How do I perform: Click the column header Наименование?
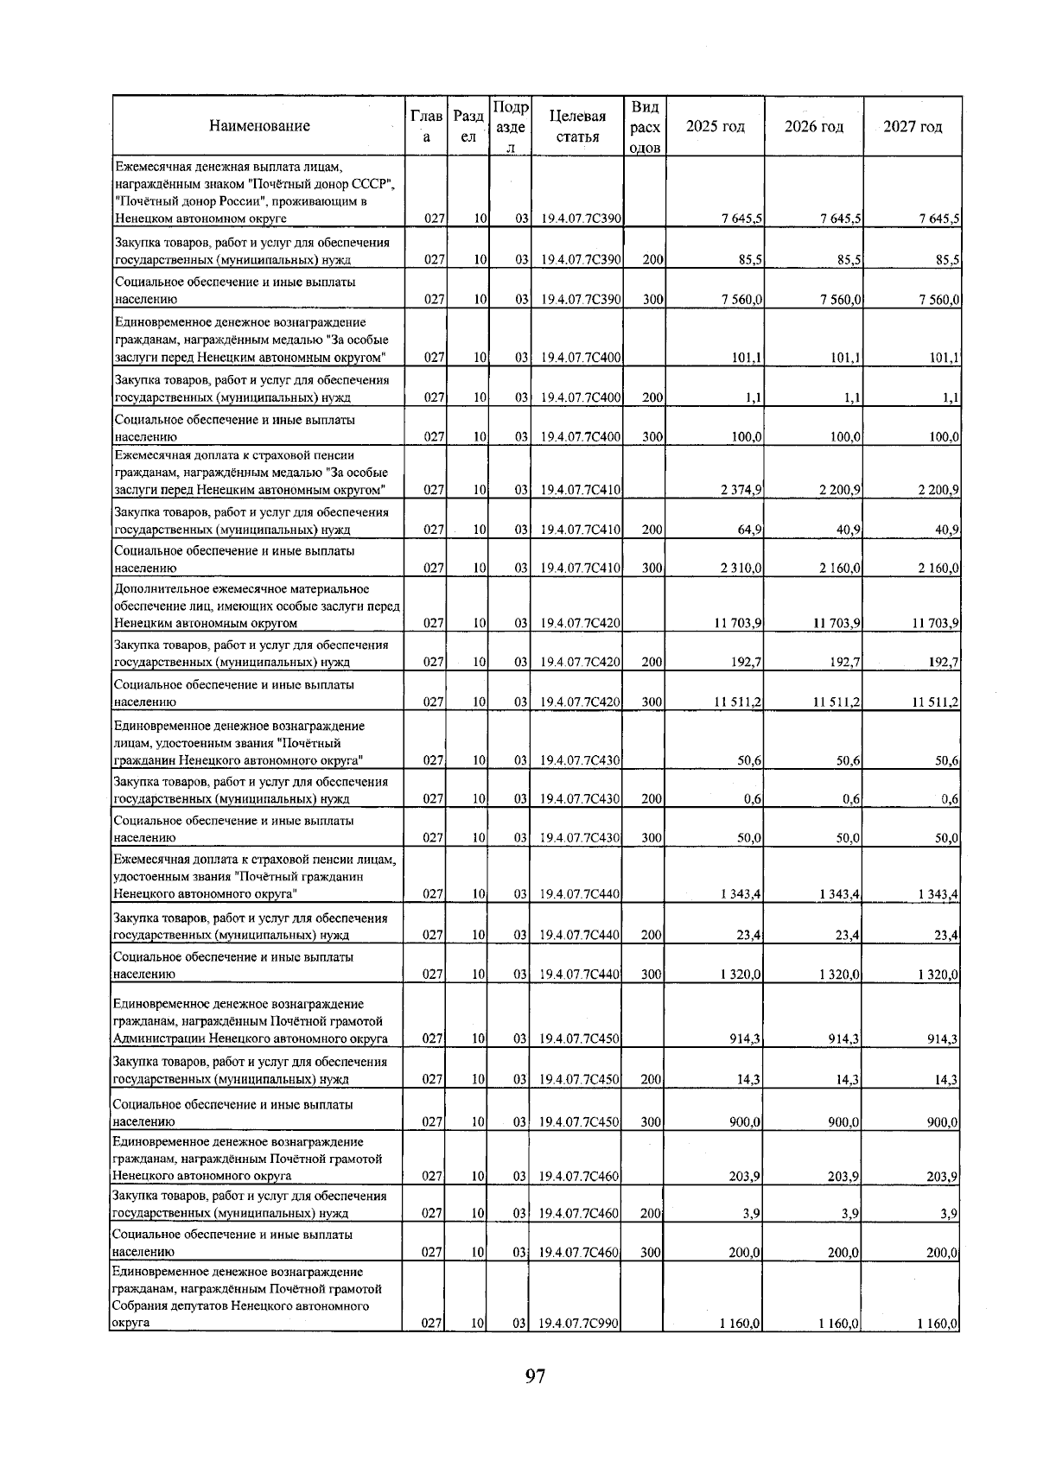tap(259, 126)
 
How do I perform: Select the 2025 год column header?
tap(715, 127)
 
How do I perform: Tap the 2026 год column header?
tap(814, 127)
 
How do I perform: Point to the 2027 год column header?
tap(913, 127)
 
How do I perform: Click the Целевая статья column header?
tap(577, 126)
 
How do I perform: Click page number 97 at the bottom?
tap(535, 1376)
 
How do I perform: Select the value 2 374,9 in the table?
tap(741, 491)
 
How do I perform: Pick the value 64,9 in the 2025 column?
tap(749, 530)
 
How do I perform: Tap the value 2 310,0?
tap(741, 568)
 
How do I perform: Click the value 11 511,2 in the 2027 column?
tap(936, 702)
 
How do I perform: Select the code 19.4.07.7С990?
tap(579, 1347)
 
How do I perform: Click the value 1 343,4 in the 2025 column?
tap(741, 895)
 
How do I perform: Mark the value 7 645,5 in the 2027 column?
tap(938, 219)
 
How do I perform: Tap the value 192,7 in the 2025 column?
tap(746, 663)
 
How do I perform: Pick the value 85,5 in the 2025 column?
tap(748, 259)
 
